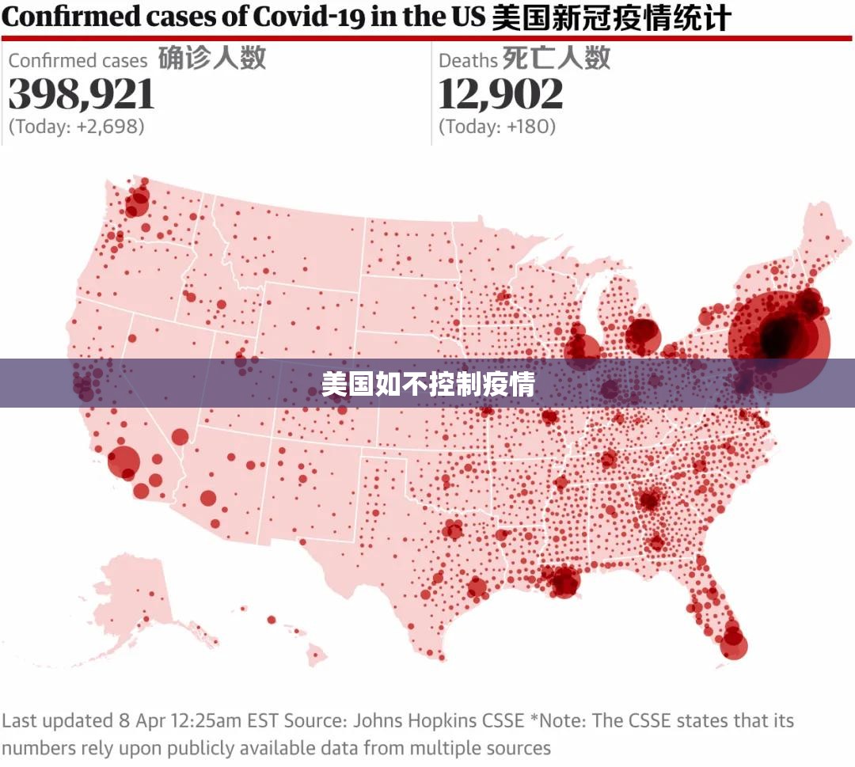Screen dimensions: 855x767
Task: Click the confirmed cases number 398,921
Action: coord(82,93)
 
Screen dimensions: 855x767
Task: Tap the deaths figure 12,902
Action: coord(500,93)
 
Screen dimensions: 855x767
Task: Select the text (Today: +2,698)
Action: coord(76,127)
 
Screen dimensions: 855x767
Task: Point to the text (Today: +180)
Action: coord(497,127)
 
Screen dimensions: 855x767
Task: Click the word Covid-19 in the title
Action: coord(309,17)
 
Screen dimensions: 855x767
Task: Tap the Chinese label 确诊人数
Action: coord(212,58)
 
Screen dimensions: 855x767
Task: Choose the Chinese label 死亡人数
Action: coord(557,58)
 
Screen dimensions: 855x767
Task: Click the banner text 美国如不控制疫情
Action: coord(428,384)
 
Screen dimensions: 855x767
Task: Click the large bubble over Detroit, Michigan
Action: coord(643,337)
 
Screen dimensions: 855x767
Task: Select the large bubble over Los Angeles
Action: coord(123,462)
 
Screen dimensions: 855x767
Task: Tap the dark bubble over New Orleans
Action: coord(565,582)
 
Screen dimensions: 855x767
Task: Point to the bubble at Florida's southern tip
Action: coord(733,645)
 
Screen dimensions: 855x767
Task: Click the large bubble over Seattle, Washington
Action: coord(137,204)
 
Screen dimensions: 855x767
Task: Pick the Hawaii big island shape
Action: coord(317,655)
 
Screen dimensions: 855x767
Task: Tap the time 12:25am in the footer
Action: coord(206,720)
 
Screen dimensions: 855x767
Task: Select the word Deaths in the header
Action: coord(469,60)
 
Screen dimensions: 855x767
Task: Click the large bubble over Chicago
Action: coord(583,350)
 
